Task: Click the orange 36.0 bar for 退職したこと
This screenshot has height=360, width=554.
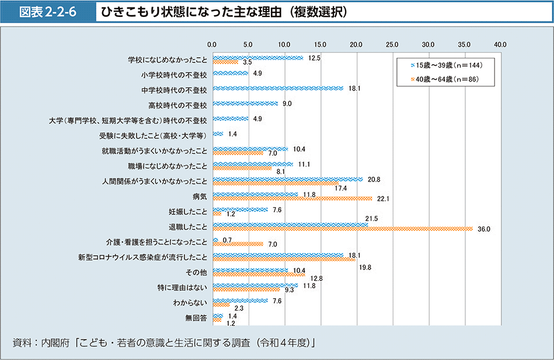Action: [x=343, y=228]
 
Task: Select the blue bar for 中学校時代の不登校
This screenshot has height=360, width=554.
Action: [x=278, y=89]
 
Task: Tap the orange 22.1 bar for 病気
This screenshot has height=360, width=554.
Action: [x=292, y=198]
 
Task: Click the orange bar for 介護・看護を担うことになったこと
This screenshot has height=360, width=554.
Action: [x=238, y=244]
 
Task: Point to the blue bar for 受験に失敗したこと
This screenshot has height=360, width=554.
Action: [x=218, y=134]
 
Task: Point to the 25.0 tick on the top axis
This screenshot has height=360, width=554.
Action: [x=392, y=44]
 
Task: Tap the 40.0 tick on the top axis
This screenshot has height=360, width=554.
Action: [x=500, y=44]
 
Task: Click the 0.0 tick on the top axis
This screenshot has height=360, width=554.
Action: [x=212, y=44]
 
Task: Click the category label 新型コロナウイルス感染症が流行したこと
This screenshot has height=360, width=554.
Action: [x=142, y=257]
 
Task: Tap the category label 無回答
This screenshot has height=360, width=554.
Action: [x=196, y=318]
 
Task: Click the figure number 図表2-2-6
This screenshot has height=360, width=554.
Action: [x=48, y=12]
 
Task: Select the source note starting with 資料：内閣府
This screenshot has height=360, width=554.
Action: [x=163, y=342]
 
